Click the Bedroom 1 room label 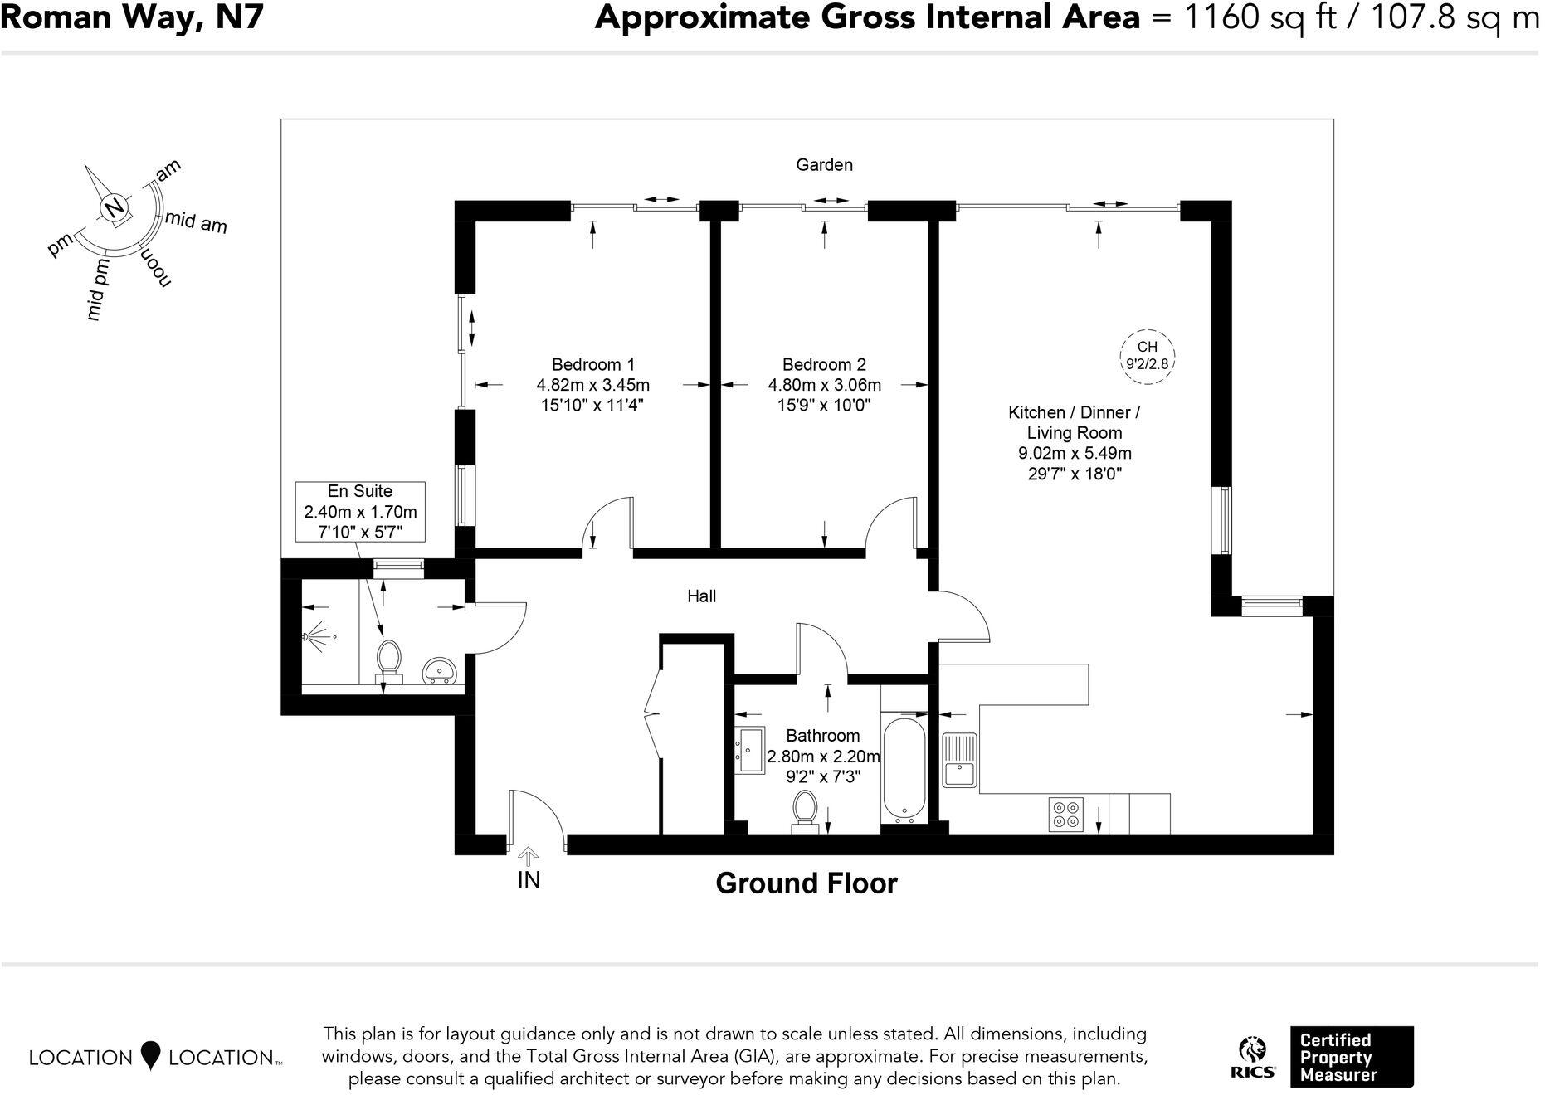(x=592, y=365)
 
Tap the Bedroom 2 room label (x=824, y=365)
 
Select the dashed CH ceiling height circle (x=1147, y=355)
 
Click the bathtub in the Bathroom (x=904, y=769)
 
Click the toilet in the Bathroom (x=804, y=810)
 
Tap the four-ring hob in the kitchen (x=1065, y=814)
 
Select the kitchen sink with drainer (x=961, y=761)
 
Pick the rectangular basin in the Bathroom (x=751, y=750)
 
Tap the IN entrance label (x=529, y=880)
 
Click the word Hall (x=701, y=596)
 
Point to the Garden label (x=824, y=165)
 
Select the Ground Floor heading (x=806, y=883)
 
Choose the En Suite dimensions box (x=361, y=512)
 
